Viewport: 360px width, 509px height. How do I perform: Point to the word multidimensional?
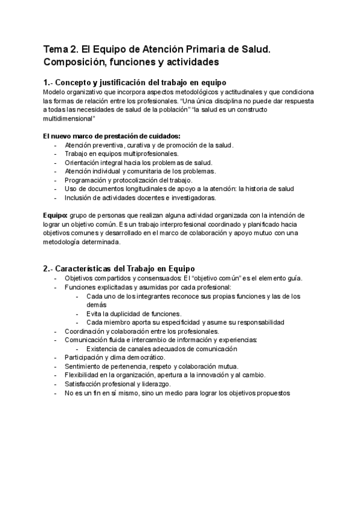pyautogui.click(x=70, y=119)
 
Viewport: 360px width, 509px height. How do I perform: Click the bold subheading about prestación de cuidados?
pyautogui.click(x=112, y=136)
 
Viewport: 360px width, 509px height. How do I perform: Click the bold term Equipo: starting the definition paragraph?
pyautogui.click(x=55, y=215)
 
